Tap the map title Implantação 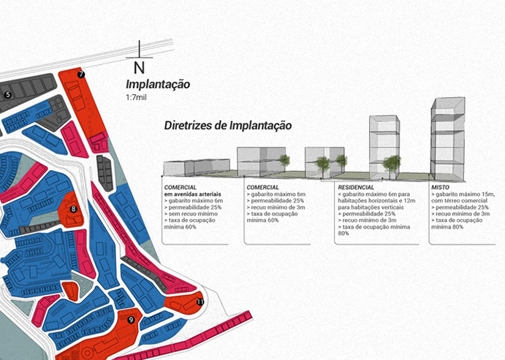pos(158,85)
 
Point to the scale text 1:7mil pos(136,97)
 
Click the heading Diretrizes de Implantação pos(228,126)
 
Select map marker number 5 pos(8,94)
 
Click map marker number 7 pos(81,74)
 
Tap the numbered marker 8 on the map pos(73,210)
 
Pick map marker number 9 pos(131,319)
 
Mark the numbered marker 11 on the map pos(200,300)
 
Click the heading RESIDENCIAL pos(355,188)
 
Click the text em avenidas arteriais pos(193,194)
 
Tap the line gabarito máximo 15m pos(463,194)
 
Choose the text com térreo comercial pos(463,200)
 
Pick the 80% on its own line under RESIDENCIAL pos(343,234)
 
